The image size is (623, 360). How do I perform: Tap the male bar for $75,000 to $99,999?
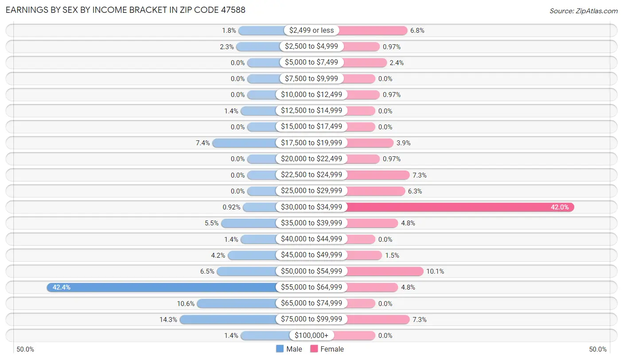pos(228,319)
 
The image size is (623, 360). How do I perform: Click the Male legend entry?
pos(289,349)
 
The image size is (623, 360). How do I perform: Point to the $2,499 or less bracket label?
pos(311,31)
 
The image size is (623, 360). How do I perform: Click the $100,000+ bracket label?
pos(311,336)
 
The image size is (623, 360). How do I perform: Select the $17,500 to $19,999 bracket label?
pos(311,143)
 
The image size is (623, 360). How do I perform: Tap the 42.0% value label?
pos(560,207)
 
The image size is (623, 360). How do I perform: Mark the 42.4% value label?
pos(62,287)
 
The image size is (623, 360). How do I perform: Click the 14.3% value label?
pos(168,319)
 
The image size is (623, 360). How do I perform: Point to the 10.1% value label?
pos(435,271)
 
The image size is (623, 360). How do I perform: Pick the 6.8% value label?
pos(417,31)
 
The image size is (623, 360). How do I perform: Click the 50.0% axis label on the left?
pos(25,349)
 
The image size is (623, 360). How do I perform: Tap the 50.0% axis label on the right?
pos(598,349)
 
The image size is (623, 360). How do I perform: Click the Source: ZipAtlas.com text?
pos(583,11)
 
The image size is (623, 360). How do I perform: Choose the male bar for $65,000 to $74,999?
pos(237,303)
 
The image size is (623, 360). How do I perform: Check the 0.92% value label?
pos(231,207)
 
